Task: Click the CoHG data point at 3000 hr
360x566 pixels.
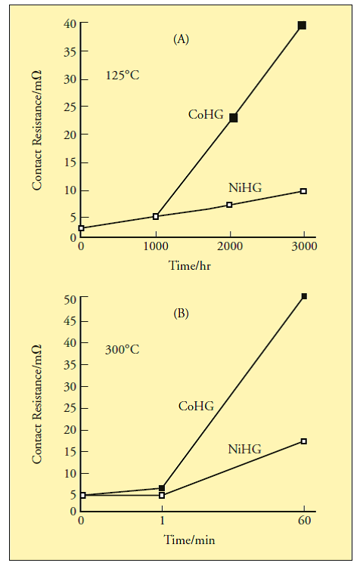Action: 303,25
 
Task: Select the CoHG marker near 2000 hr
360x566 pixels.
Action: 234,118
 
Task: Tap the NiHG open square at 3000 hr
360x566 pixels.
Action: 303,191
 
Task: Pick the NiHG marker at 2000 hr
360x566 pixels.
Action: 229,205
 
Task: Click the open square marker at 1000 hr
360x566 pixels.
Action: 156,216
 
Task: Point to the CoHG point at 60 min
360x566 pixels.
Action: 304,296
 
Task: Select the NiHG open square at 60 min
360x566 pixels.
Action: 303,441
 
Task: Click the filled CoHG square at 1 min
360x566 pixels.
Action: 162,488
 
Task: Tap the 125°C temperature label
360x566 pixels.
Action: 123,76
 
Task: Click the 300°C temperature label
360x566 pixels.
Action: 123,350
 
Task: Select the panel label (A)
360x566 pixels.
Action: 181,39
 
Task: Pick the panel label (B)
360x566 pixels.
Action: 181,314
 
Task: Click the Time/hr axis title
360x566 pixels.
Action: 190,266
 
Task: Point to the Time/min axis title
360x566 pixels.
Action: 189,540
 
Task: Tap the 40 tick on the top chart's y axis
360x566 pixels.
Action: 70,23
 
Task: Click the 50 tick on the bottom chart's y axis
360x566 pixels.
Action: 70,299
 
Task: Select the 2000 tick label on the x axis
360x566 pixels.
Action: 230,246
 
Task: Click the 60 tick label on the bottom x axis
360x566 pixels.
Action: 304,521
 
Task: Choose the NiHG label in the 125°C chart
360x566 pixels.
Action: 245,187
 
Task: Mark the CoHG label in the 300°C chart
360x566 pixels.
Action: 197,406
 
